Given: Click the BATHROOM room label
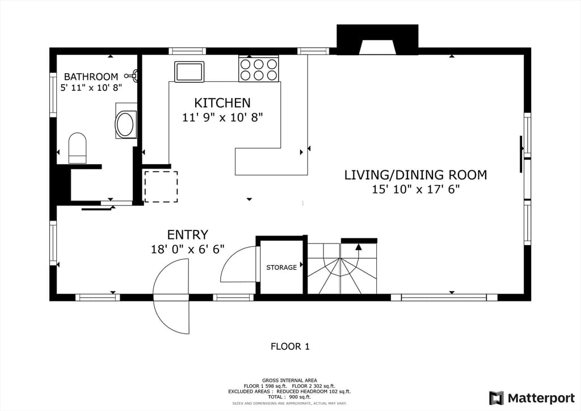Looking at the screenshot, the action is pos(91,77).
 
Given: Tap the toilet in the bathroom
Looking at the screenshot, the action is pos(77,148).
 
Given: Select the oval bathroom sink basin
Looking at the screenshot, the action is pos(125,124).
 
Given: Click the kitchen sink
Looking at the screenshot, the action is pos(190,72).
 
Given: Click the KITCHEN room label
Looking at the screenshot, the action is pos(222,103).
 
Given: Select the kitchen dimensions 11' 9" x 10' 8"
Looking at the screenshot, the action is pos(222,118).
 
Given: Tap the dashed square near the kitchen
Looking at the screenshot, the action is pos(161,186).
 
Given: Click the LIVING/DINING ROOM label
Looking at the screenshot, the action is pos(416,175).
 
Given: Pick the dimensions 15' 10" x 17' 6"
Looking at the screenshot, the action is pos(416,190).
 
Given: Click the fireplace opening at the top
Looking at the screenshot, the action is pos(377,47).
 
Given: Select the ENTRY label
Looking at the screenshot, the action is pos(187,235).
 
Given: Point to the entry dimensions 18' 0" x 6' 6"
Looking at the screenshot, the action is pos(187,249).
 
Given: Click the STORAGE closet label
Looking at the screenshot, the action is pos(281,267).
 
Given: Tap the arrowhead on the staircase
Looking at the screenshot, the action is pos(358,247).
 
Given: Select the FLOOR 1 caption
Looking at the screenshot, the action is pos(290,346).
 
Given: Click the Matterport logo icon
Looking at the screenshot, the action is pos(496,397).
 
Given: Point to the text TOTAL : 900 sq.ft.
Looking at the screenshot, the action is pos(289,397).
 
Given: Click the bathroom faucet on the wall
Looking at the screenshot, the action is pos(132,76).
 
